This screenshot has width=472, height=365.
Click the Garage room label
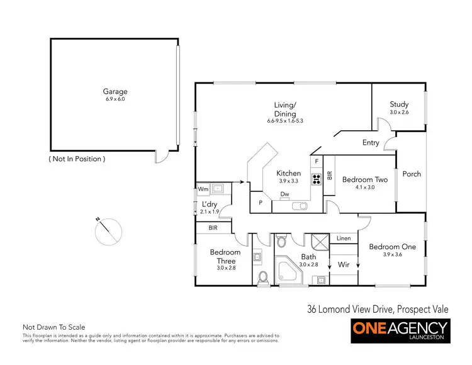tap(116, 92)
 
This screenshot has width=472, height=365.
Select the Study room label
tap(399, 104)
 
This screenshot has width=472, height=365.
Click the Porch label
tap(412, 174)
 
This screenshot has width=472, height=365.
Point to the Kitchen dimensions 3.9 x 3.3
tap(289, 181)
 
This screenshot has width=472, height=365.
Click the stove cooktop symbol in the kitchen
tap(317, 177)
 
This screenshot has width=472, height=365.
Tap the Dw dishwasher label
tap(284, 194)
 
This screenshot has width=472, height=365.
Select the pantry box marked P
tap(261, 203)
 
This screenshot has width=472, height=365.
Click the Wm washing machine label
tap(203, 188)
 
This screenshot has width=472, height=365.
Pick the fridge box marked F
tap(317, 162)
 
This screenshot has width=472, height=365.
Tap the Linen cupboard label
tap(344, 239)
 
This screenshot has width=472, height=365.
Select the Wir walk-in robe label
tap(344, 266)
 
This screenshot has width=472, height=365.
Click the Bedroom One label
tap(392, 247)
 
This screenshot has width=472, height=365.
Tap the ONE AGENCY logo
tap(400, 330)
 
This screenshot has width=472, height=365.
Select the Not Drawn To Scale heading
tap(53, 327)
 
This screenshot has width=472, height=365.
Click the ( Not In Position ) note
tap(77, 159)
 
